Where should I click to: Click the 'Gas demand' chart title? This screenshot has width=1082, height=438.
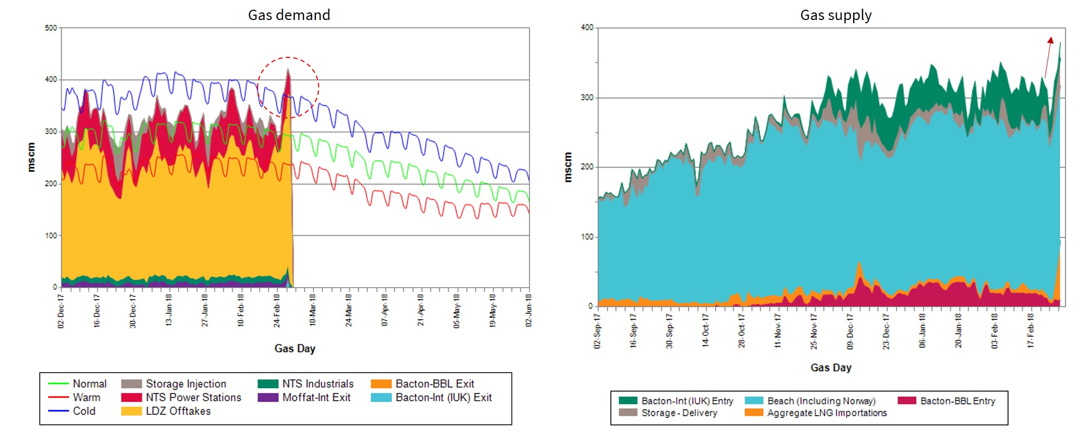289,15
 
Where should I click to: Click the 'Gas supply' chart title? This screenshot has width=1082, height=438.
836,15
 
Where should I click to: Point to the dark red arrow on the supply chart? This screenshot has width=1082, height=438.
1048,57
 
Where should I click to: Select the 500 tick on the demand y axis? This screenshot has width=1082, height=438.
51,28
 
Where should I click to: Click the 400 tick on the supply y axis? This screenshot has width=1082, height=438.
587,28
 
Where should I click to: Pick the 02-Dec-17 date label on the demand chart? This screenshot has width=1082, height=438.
61,311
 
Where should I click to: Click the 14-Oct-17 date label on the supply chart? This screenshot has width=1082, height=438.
705,330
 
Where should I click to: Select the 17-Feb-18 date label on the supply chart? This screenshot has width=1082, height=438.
1030,330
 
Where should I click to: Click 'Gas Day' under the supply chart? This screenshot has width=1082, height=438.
830,368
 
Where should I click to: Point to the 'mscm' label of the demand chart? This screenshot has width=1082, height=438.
31,157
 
